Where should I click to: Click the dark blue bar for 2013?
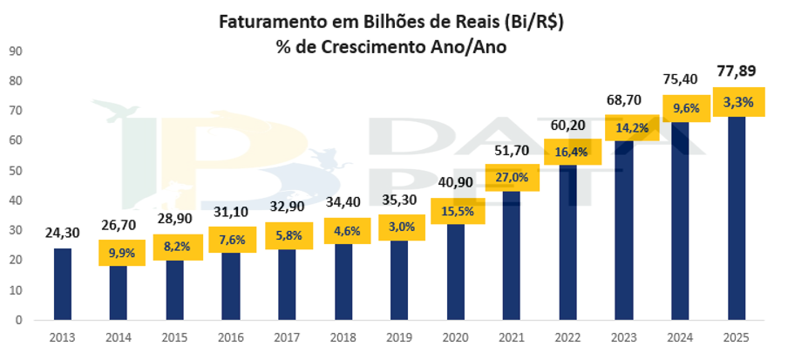point(63,283)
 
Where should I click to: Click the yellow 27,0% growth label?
point(511,178)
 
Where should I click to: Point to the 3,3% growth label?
point(739,102)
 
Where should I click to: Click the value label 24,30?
point(63,233)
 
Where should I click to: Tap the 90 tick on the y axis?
point(15,51)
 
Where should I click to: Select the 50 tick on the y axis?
point(15,170)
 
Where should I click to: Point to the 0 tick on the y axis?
point(18,320)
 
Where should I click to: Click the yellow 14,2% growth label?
point(624,126)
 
